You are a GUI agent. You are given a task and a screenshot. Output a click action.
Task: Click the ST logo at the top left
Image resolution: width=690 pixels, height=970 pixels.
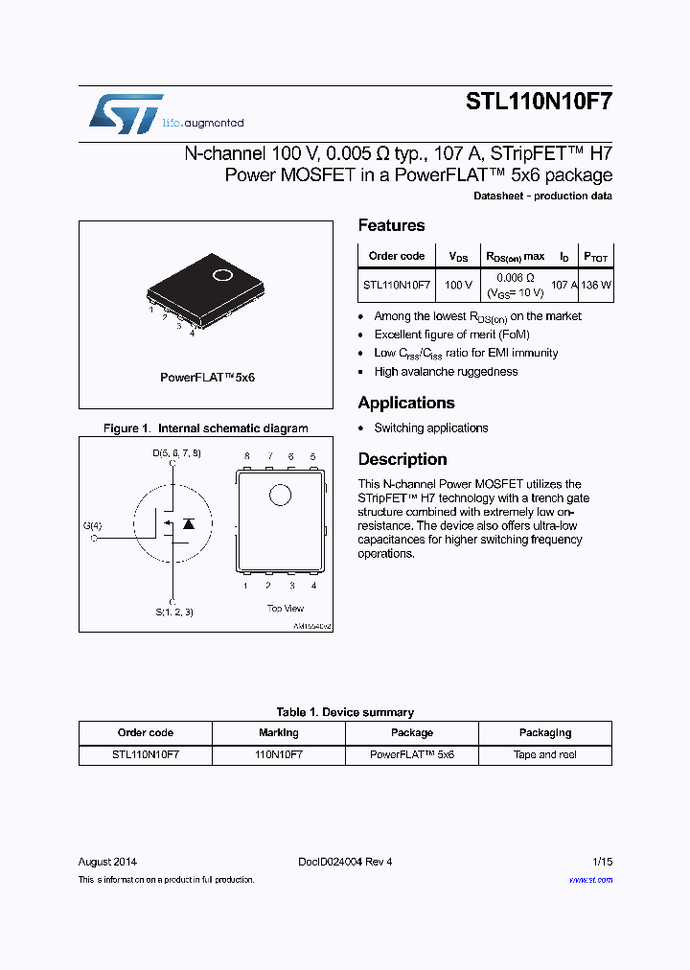click(x=126, y=114)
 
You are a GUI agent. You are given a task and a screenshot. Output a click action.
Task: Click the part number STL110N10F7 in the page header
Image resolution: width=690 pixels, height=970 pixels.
click(x=539, y=103)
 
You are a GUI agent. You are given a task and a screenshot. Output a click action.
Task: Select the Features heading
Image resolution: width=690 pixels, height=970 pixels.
click(x=391, y=225)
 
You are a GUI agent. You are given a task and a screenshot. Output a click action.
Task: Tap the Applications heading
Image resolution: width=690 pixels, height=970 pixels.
click(x=406, y=403)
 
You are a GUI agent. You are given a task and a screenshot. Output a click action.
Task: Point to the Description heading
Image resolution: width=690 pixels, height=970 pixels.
click(x=402, y=459)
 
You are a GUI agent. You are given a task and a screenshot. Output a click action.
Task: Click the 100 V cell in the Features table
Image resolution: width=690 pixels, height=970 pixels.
click(x=458, y=285)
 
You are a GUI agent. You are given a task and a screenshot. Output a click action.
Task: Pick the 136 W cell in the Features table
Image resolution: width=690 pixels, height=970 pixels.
click(x=596, y=285)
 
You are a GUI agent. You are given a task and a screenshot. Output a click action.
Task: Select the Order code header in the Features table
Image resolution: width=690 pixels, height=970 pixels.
click(x=397, y=256)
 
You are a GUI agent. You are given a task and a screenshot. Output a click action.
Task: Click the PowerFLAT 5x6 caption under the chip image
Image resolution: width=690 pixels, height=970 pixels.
click(x=207, y=378)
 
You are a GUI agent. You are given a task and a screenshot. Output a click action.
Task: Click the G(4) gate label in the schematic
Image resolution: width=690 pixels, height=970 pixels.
click(x=93, y=525)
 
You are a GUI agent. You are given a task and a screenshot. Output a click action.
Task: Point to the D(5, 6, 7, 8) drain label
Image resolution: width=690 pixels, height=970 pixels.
click(x=176, y=452)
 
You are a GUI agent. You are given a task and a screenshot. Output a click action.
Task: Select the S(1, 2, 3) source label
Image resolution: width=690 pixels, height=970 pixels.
click(x=174, y=612)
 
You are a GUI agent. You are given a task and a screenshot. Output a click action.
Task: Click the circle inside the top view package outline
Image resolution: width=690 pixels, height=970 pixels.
click(x=280, y=495)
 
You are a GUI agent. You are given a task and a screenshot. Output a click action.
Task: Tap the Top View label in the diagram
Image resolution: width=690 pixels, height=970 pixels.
click(x=285, y=608)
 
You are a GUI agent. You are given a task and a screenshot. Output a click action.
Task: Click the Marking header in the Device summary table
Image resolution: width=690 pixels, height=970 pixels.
click(x=278, y=732)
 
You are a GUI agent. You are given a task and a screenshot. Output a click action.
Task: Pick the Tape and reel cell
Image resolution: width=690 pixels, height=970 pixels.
click(x=544, y=754)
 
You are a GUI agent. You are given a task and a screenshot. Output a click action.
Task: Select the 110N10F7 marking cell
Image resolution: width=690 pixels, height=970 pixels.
click(x=278, y=754)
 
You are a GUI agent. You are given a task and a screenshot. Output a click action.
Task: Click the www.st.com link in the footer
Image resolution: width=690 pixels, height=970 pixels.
click(x=590, y=879)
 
